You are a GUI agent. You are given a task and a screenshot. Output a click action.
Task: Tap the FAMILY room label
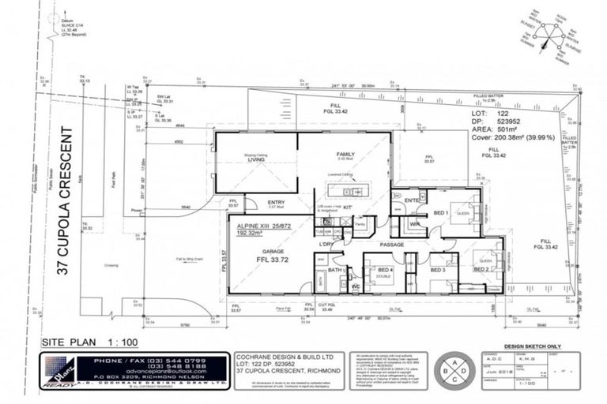pos(346,154)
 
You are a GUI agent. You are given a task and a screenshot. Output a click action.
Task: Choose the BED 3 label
pos(439,270)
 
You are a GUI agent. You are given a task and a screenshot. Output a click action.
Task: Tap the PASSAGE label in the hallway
pos(391,245)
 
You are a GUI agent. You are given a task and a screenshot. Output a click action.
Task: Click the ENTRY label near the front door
pos(276,203)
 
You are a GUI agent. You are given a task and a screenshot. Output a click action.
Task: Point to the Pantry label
pos(359,226)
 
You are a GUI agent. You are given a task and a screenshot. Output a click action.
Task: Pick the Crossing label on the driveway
pos(111,265)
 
